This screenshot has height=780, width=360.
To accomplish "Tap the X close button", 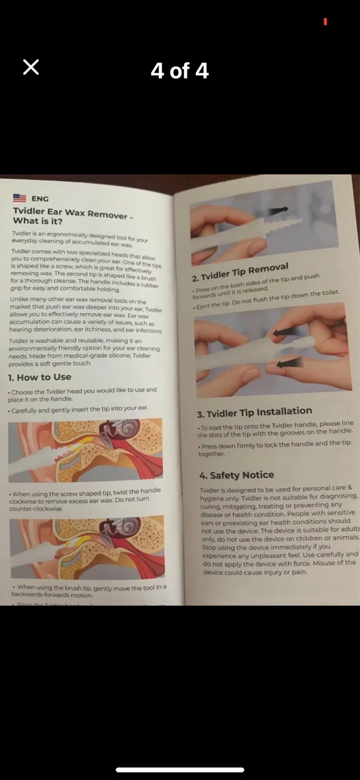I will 31,67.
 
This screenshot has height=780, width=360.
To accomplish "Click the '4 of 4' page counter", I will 180,71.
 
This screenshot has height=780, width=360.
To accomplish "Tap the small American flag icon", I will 19,198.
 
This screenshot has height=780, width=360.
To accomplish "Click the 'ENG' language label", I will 40,199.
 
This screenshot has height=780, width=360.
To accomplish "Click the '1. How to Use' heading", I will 40,377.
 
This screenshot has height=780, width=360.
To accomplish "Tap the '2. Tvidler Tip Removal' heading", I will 240,272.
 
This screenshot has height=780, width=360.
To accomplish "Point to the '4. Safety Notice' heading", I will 237,475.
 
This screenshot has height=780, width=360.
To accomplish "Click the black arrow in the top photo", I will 278,212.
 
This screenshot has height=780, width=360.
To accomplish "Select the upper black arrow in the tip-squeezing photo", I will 285,333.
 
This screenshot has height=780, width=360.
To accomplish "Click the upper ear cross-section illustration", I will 86,443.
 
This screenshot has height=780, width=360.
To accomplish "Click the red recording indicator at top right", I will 325,22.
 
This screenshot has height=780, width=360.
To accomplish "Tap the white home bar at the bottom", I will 180,769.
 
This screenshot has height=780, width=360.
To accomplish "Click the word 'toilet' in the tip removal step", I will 329,293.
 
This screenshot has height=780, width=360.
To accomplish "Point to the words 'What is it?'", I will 37,221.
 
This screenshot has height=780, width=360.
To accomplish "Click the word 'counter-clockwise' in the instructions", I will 36,509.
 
